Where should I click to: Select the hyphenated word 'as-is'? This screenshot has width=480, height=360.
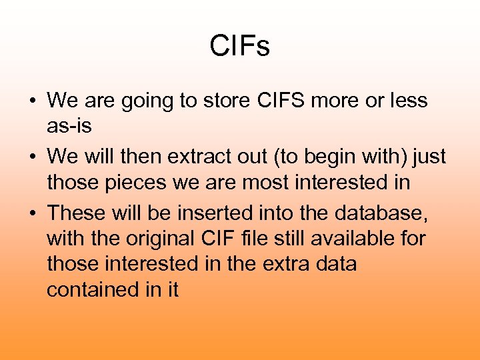coord(69,127)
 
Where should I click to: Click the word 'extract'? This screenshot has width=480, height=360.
coord(199,157)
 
